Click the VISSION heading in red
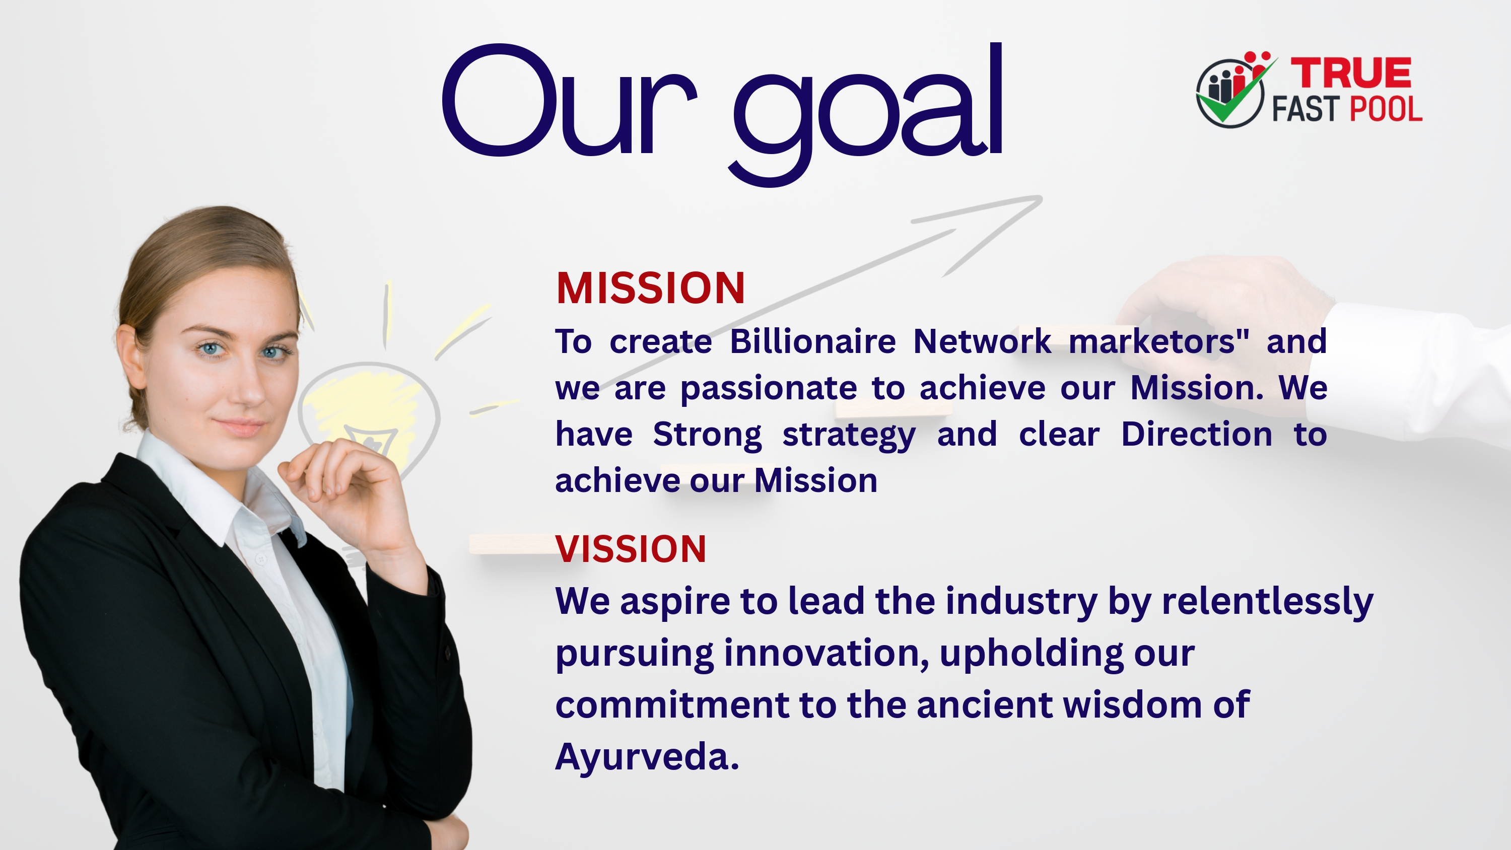(x=631, y=549)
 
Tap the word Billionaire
(x=812, y=341)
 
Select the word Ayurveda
(x=647, y=757)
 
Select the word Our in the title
(x=569, y=100)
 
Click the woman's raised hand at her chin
(x=346, y=487)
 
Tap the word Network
(x=983, y=341)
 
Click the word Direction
(x=1197, y=434)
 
